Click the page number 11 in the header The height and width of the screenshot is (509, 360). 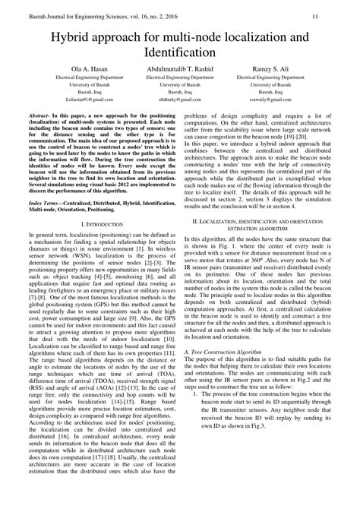(336, 14)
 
